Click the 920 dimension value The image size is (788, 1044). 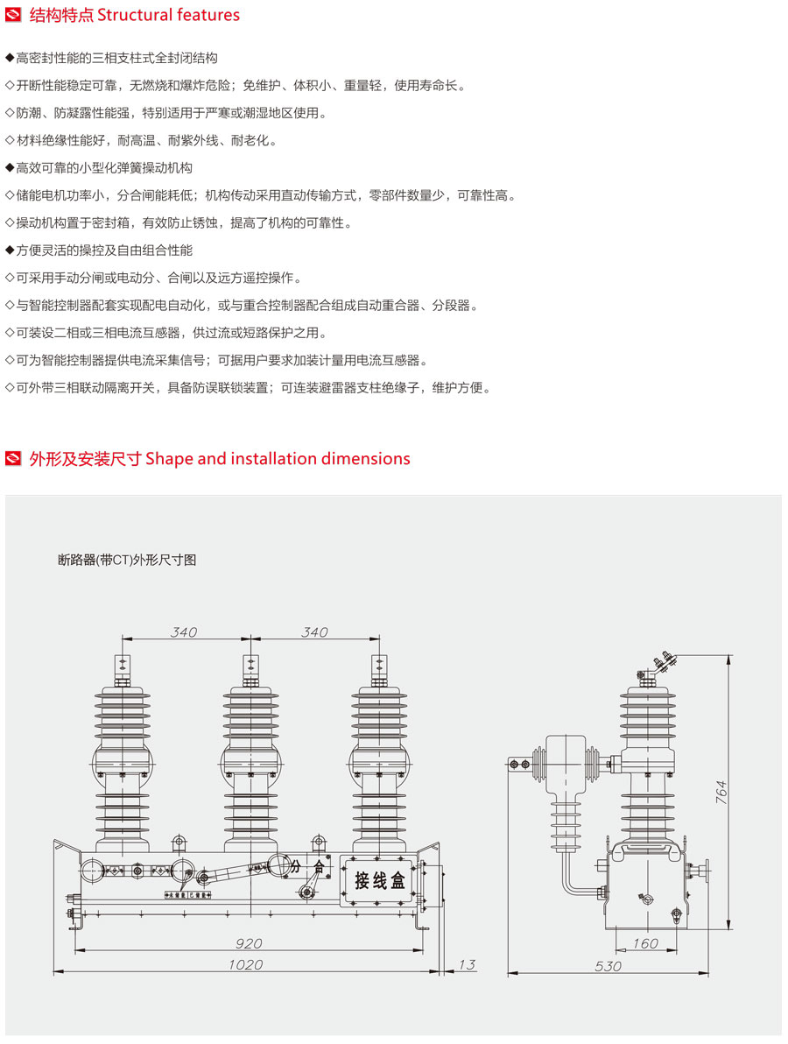[249, 944]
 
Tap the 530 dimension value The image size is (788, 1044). [608, 966]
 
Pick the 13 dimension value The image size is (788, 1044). [467, 964]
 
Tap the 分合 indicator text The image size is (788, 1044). [307, 866]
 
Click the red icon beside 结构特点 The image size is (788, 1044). [13, 15]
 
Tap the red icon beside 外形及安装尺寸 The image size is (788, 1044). [13, 458]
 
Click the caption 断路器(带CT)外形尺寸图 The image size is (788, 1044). [128, 560]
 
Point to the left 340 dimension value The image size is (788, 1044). [184, 631]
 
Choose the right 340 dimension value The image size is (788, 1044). [314, 631]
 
